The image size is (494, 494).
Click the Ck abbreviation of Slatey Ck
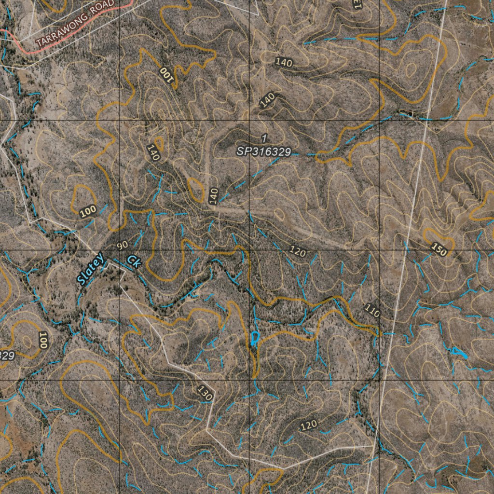[134, 261]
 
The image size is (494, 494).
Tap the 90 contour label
[123, 245]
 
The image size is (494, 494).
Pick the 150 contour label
[439, 249]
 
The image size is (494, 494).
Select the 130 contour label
[205, 393]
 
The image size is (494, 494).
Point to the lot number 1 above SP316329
[264, 138]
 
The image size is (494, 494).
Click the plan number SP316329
[263, 151]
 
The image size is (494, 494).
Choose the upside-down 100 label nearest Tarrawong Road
[166, 75]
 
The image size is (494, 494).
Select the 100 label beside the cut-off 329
[43, 341]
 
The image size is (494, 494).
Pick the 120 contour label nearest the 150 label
[298, 250]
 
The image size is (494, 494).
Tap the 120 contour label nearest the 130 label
[309, 425]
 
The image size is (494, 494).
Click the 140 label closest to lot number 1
[267, 99]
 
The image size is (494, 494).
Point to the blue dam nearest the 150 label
[458, 353]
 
